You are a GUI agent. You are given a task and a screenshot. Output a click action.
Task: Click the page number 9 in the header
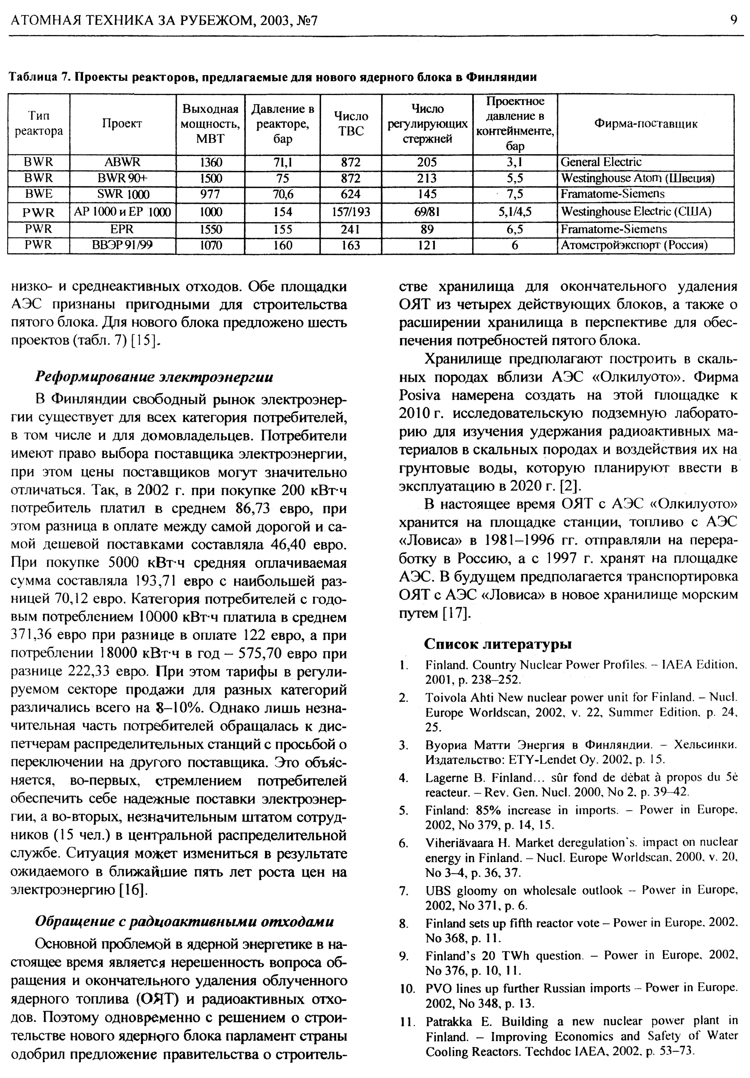733,20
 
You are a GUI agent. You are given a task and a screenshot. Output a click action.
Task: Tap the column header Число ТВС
351,124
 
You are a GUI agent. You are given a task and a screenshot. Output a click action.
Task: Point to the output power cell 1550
211,229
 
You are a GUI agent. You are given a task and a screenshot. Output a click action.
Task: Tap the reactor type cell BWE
38,194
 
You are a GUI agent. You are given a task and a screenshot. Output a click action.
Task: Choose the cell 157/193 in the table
351,212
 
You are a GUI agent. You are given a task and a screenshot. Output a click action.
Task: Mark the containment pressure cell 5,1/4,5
515,212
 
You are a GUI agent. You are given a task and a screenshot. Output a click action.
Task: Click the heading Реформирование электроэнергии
154,377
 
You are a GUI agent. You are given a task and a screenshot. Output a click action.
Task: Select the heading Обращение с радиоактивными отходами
184,921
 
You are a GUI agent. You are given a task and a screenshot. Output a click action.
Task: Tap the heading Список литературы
498,644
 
